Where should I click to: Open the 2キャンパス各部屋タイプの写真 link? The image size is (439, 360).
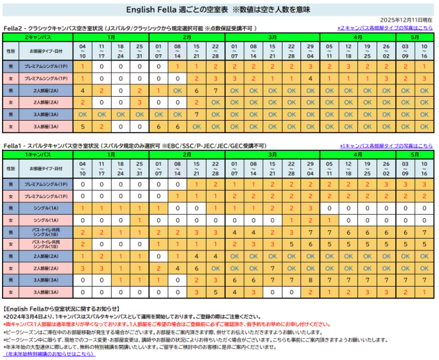coord(388,28)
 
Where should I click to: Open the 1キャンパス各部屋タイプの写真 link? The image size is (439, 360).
coord(388,146)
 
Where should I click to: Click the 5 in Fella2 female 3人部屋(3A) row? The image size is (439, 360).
coord(82,127)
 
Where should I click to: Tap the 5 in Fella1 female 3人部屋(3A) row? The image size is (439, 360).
coord(215,292)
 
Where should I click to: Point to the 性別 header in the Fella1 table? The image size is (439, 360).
coord(10,168)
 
